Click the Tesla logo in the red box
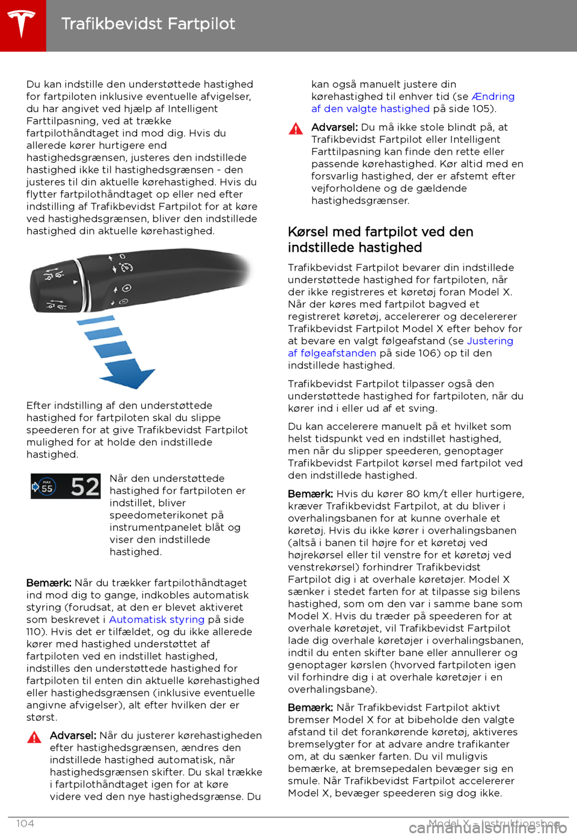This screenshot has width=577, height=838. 22,25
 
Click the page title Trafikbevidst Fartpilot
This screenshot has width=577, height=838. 148,24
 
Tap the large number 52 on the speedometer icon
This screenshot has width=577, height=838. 85,486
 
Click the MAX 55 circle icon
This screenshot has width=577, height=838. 46,487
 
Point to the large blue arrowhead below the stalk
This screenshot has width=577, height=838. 128,379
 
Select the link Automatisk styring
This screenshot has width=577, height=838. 156,619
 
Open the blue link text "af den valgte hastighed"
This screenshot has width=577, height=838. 370,109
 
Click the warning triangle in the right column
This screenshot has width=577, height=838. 296,128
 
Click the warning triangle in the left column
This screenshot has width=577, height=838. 34,737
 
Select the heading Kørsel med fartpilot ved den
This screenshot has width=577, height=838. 380,232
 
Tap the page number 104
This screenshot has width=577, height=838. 25,823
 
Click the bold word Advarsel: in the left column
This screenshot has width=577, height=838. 73,735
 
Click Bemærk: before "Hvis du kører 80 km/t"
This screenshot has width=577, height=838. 310,493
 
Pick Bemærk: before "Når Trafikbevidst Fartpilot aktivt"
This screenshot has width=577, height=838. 310,707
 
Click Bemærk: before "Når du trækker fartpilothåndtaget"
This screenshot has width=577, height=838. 49,583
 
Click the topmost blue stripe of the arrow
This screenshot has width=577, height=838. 97,320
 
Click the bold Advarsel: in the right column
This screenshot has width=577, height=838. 334,127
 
